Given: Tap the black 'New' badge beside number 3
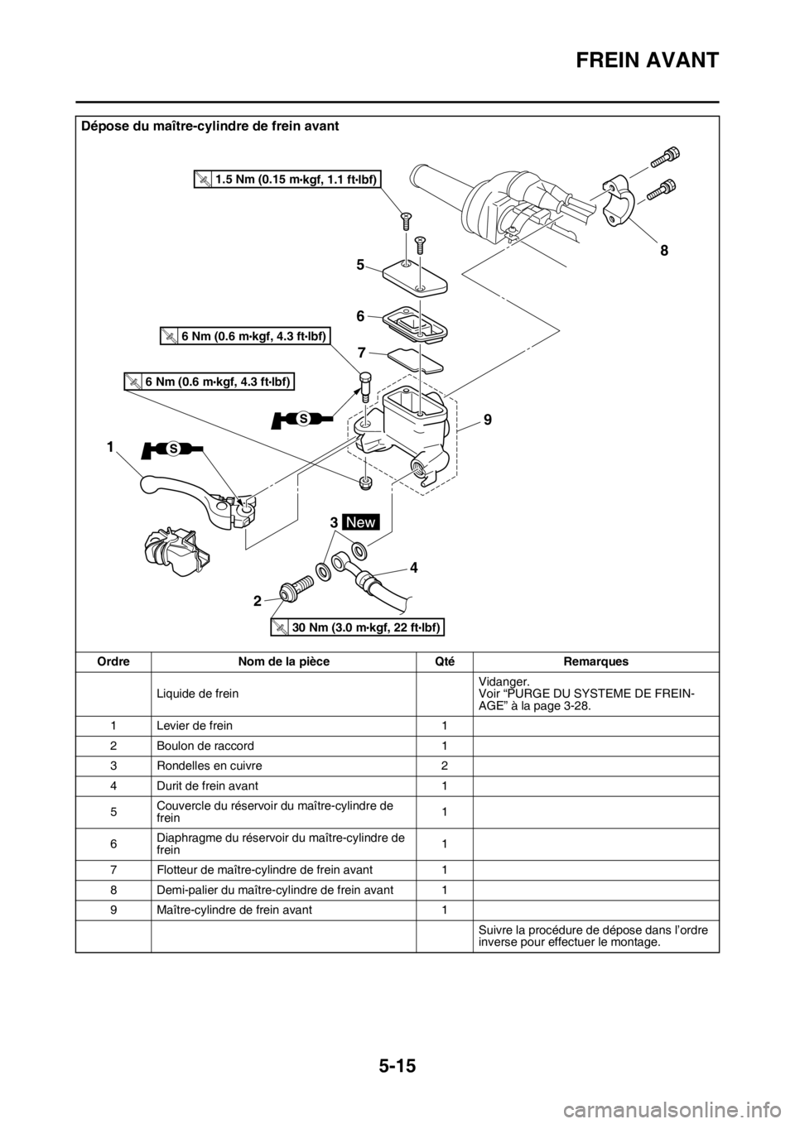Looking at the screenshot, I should (x=362, y=522).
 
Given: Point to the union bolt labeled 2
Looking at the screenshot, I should (x=295, y=592).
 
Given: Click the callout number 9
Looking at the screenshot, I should (x=489, y=420).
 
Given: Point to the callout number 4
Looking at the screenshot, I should (x=412, y=569).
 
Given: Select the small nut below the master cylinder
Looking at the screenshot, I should (x=365, y=481).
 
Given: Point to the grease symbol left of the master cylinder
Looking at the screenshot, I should (x=302, y=420).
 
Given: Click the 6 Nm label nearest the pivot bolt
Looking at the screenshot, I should (x=243, y=334).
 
